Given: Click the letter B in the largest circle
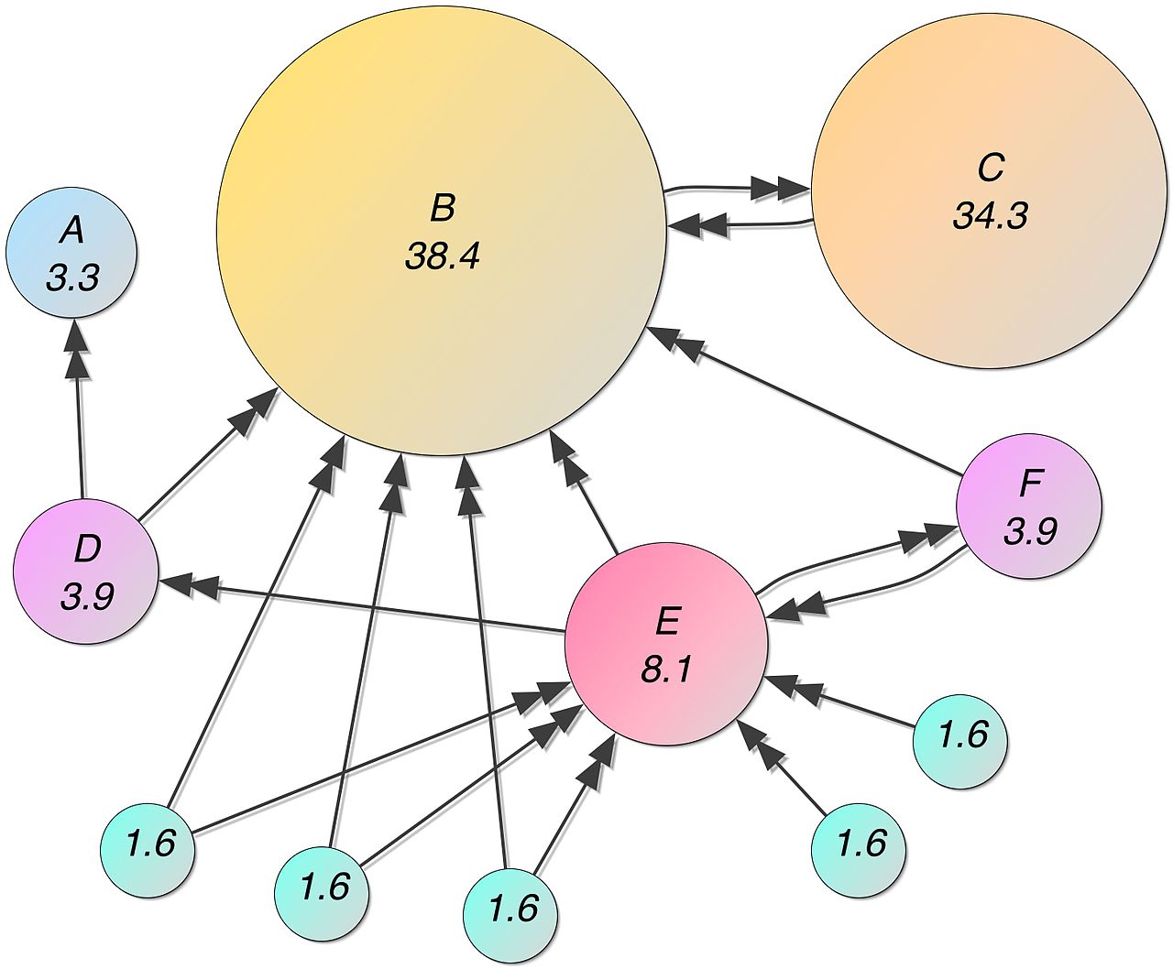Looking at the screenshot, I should (442, 208).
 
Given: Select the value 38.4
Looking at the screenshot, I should (442, 257).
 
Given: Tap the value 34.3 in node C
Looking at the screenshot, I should (990, 216).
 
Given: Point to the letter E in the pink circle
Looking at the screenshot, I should (666, 623).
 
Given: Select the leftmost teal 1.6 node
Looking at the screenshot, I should (148, 844).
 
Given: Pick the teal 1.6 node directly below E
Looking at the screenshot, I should (510, 909).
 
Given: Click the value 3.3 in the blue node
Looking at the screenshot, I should (71, 278).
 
